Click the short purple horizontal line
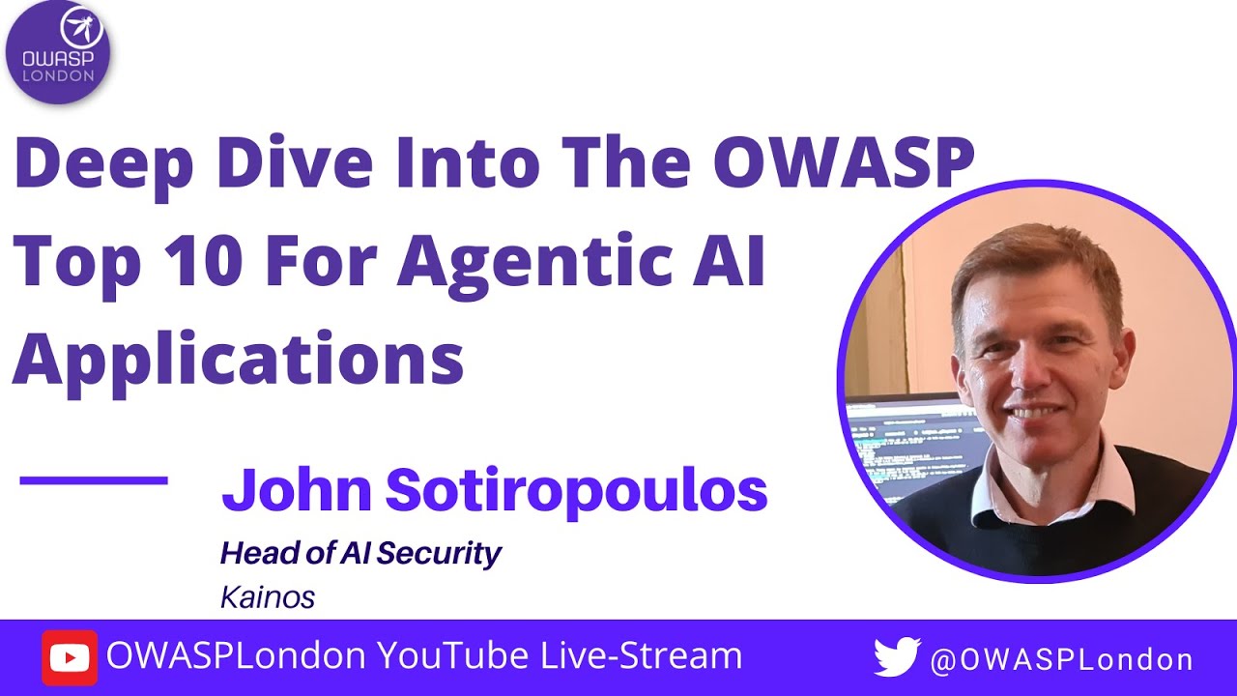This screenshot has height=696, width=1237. click(94, 479)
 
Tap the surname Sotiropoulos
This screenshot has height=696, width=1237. click(576, 490)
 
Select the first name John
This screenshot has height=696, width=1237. click(297, 490)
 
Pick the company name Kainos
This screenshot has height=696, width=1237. click(268, 597)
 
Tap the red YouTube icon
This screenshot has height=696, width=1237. click(69, 658)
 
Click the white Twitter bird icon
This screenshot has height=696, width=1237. click(897, 657)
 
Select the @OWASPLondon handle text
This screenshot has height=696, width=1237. click(1061, 660)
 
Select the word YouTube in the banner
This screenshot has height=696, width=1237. click(452, 656)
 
